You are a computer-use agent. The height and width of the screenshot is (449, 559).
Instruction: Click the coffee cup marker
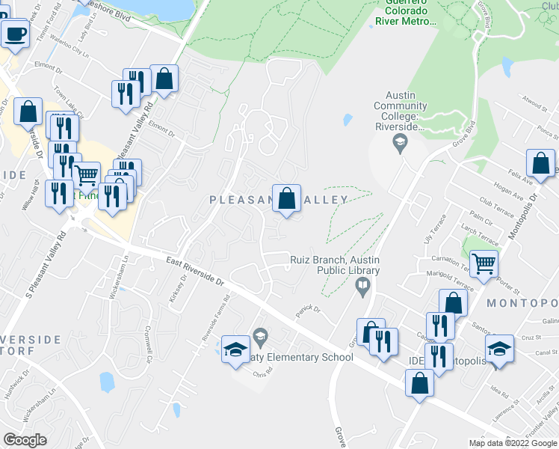click(x=16, y=33)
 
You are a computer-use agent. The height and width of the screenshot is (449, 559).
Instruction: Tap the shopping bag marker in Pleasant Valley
click(x=286, y=200)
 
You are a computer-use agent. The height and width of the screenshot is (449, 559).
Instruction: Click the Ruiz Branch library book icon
click(x=363, y=286)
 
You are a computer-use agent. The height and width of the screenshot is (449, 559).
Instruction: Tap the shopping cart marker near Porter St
click(x=484, y=263)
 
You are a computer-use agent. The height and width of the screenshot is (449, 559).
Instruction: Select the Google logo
click(x=25, y=439)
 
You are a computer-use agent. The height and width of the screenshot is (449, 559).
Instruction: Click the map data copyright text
click(x=513, y=443)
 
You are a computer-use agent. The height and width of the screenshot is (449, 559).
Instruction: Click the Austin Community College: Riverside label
click(x=400, y=111)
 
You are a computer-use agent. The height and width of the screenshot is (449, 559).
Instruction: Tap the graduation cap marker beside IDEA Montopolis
click(x=499, y=349)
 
